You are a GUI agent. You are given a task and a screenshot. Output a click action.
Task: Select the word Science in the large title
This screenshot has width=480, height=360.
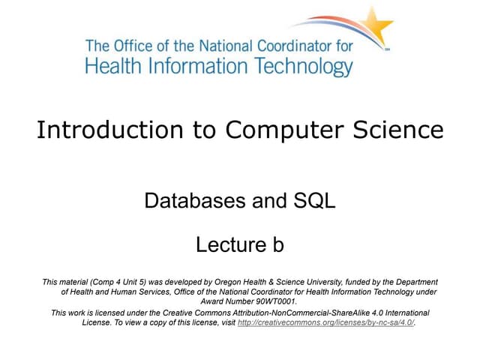coord(396,130)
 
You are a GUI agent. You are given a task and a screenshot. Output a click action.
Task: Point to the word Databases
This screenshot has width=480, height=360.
coord(188,201)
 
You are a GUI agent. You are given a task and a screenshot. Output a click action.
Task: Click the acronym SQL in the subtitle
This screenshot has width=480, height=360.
coord(313,201)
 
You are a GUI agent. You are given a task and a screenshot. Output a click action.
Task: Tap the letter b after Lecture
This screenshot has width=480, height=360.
coord(275,244)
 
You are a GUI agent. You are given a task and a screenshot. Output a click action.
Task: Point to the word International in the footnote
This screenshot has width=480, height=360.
coord(405,312)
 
